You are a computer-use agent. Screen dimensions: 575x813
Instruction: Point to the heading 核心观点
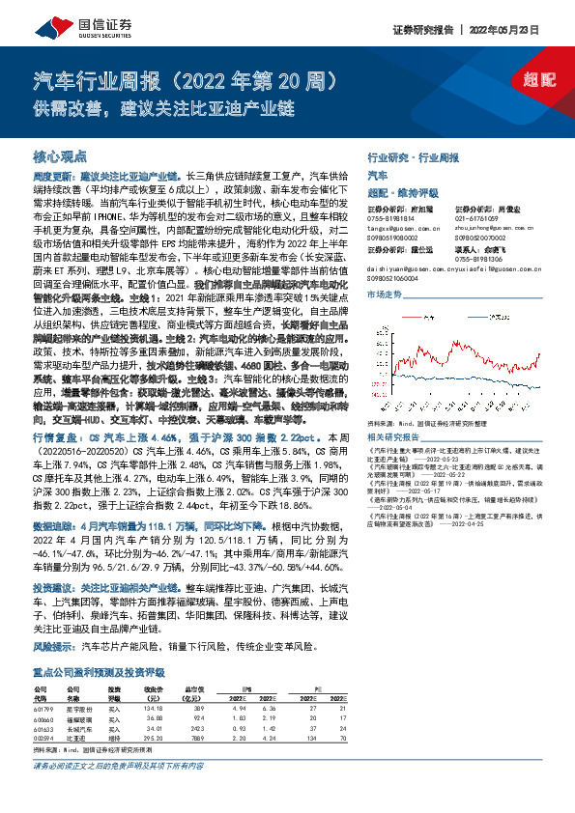(x=60, y=155)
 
